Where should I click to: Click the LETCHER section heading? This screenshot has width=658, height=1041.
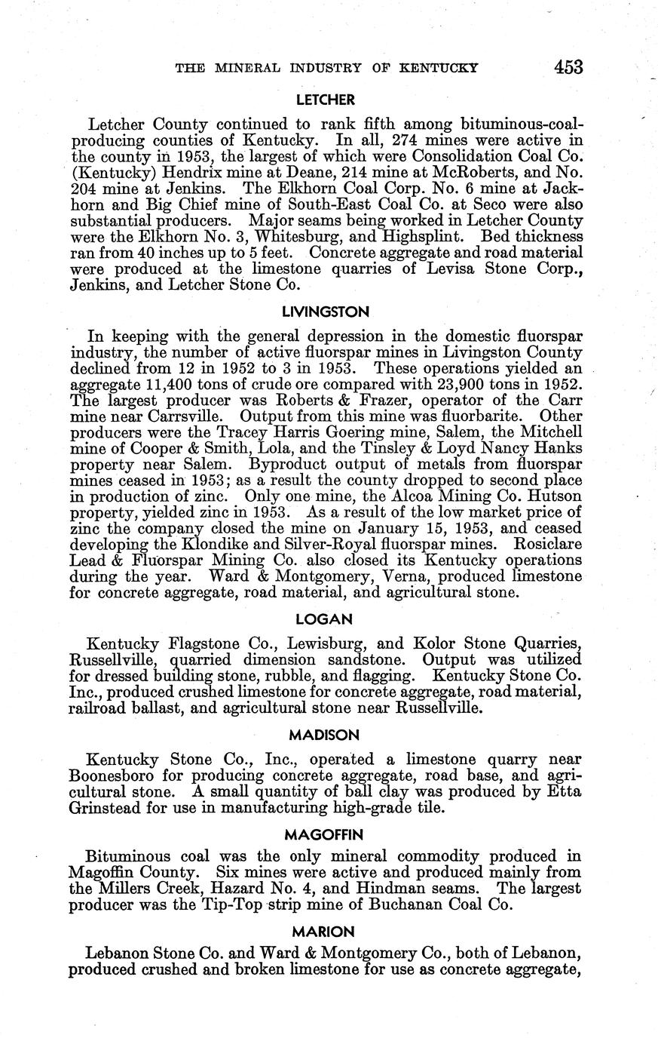pyautogui.click(x=326, y=99)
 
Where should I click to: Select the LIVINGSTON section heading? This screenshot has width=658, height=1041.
pyautogui.click(x=326, y=311)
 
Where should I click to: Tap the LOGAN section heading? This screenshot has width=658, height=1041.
pyautogui.click(x=326, y=619)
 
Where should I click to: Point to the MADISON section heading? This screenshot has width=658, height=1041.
pyautogui.click(x=326, y=734)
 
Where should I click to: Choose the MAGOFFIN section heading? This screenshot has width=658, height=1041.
pyautogui.click(x=325, y=834)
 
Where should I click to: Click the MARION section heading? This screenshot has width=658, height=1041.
pyautogui.click(x=326, y=932)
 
